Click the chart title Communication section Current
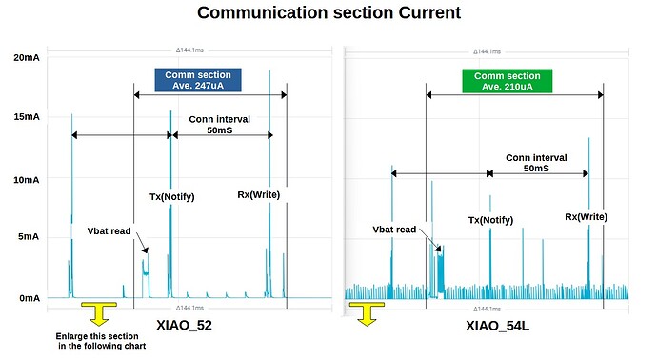pyautogui.click(x=328, y=13)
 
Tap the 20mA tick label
pyautogui.click(x=21, y=58)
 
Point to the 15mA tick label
pyautogui.click(x=21, y=117)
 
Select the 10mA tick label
pyautogui.click(x=21, y=179)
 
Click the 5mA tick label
pyautogui.click(x=24, y=237)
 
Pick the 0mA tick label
pyautogui.click(x=24, y=298)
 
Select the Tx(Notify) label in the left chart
pyautogui.click(x=172, y=197)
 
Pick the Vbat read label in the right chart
pyautogui.click(x=393, y=230)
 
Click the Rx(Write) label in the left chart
pyautogui.click(x=261, y=196)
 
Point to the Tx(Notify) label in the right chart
pyautogui.click(x=490, y=220)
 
